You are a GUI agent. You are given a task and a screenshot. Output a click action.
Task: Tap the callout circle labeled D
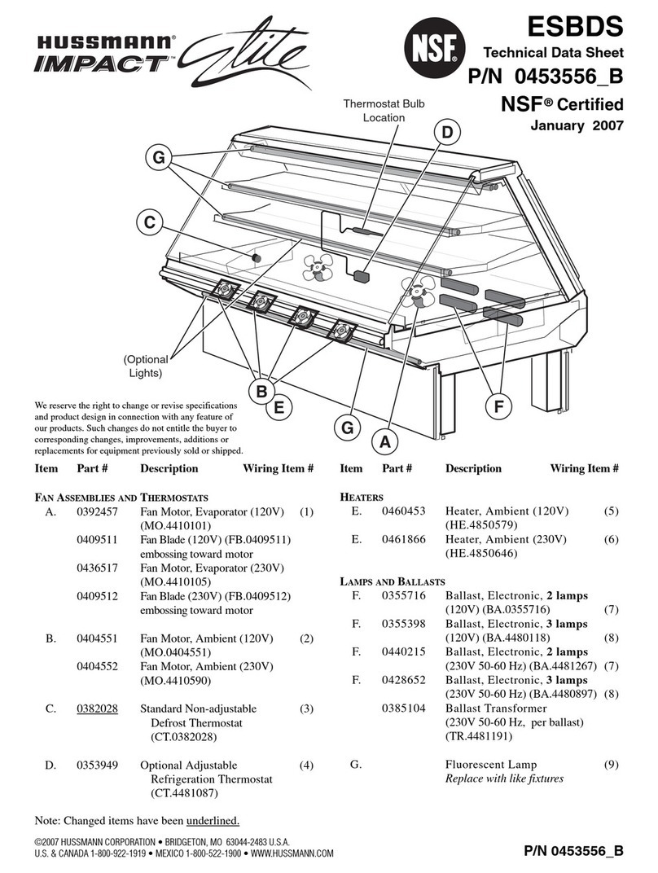point(448,133)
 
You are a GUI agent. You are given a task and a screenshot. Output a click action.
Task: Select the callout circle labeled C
point(150,222)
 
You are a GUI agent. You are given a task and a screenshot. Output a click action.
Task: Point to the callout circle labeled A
point(384,442)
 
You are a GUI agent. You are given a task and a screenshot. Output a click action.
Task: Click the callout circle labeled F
point(498,407)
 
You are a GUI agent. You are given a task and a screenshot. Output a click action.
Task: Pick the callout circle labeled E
point(279,407)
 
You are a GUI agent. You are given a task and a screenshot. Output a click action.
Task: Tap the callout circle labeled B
point(261,392)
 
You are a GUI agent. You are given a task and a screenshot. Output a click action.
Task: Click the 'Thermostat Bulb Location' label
point(384,110)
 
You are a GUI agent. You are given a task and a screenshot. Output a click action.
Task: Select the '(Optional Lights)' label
point(145,366)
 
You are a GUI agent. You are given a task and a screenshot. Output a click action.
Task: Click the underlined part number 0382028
point(97,708)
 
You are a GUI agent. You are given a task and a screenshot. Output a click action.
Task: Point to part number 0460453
point(403,511)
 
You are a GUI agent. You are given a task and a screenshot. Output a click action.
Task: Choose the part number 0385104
point(403,708)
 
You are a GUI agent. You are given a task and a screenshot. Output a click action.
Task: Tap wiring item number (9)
point(611,764)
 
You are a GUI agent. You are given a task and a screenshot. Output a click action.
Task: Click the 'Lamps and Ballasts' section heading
point(393,581)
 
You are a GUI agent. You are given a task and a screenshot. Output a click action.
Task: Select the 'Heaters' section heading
point(362,497)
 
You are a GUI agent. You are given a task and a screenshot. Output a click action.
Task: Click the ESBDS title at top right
point(575,25)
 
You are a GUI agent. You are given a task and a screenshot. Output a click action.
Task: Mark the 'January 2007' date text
point(577,125)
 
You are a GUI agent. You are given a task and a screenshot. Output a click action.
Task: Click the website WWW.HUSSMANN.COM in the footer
point(292,853)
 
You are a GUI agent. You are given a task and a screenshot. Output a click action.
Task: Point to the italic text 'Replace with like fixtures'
point(504,779)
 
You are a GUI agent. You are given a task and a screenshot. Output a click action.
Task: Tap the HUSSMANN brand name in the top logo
point(106,41)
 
